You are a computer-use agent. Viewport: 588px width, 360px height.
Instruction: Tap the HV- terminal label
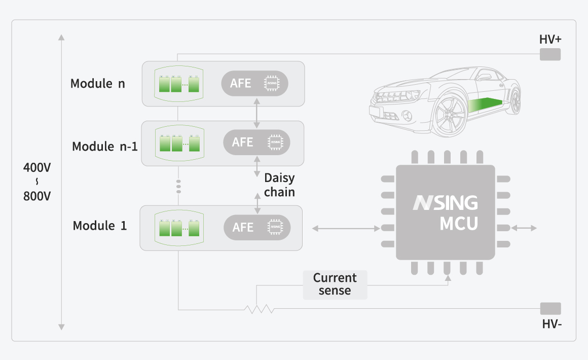(x=552, y=324)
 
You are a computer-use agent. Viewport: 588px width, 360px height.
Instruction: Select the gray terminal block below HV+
(x=550, y=54)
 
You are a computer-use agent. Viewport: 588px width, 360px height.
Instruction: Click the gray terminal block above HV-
(x=550, y=308)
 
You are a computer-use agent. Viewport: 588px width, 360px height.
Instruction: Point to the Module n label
(x=97, y=84)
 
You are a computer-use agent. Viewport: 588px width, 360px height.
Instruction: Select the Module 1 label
(x=100, y=226)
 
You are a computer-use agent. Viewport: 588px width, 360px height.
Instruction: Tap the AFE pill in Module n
(x=254, y=83)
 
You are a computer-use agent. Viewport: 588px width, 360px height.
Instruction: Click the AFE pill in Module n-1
(x=256, y=142)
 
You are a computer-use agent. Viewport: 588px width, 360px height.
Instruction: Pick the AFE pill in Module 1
(x=257, y=228)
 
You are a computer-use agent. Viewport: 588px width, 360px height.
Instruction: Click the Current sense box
(x=335, y=284)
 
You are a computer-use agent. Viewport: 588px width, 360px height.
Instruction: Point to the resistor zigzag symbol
(x=259, y=309)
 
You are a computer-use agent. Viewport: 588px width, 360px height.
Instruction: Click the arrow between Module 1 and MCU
(x=346, y=229)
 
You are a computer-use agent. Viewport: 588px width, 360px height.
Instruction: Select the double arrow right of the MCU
(x=524, y=229)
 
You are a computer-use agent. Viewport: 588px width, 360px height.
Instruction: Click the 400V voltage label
(x=37, y=168)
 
